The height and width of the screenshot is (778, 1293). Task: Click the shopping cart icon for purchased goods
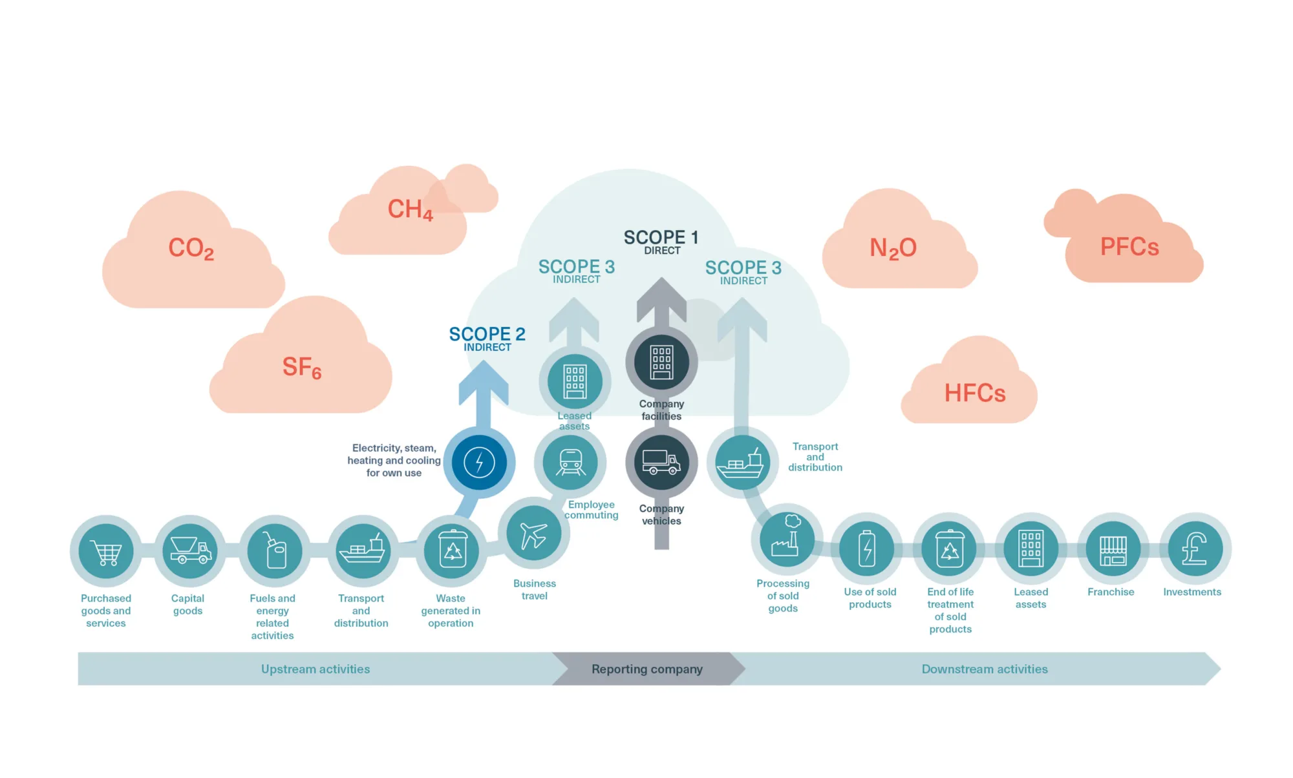[x=106, y=551]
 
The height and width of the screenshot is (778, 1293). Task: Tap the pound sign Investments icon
[x=1195, y=549]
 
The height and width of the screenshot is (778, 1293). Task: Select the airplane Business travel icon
[x=533, y=534]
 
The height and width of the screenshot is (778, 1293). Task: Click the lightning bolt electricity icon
[x=479, y=463]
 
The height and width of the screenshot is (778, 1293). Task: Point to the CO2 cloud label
[x=191, y=248]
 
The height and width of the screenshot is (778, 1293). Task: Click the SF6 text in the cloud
[x=302, y=368]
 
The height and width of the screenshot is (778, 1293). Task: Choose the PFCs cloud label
[x=1129, y=247]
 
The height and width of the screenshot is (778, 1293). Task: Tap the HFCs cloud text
[x=975, y=393]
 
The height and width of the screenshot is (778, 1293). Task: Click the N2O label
[x=893, y=248]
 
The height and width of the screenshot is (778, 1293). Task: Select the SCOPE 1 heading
[x=661, y=237]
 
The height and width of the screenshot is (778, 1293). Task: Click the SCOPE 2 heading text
[x=487, y=334]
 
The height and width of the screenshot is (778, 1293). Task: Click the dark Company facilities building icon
[x=661, y=362]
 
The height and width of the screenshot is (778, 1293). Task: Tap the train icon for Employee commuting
[x=570, y=463]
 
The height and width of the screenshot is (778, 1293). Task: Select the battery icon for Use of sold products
[x=867, y=549]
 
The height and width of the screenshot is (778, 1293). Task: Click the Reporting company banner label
[x=646, y=669]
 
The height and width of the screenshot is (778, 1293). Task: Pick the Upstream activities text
[x=315, y=669]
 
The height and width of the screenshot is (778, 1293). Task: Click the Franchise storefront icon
[x=1113, y=549]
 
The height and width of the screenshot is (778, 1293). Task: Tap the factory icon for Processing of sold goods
[x=786, y=538]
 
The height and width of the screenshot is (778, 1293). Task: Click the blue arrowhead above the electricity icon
[x=483, y=381]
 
